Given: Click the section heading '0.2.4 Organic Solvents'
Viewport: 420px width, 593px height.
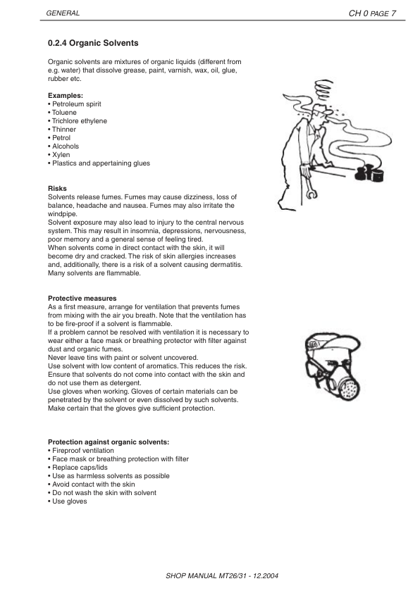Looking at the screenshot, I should click(x=93, y=43).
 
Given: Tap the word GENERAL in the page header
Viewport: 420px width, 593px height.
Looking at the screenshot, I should click(x=62, y=13).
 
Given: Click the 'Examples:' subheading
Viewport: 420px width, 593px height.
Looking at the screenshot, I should click(x=65, y=95).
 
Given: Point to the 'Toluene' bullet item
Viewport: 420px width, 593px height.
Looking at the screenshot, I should click(x=63, y=112).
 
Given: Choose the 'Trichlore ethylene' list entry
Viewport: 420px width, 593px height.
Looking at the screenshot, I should click(x=78, y=121).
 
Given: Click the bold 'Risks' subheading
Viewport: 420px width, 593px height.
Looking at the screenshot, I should click(x=57, y=189).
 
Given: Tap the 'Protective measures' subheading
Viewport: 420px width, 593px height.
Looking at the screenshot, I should click(x=82, y=299).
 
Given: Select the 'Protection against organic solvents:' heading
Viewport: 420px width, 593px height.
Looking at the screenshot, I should click(x=108, y=442).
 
